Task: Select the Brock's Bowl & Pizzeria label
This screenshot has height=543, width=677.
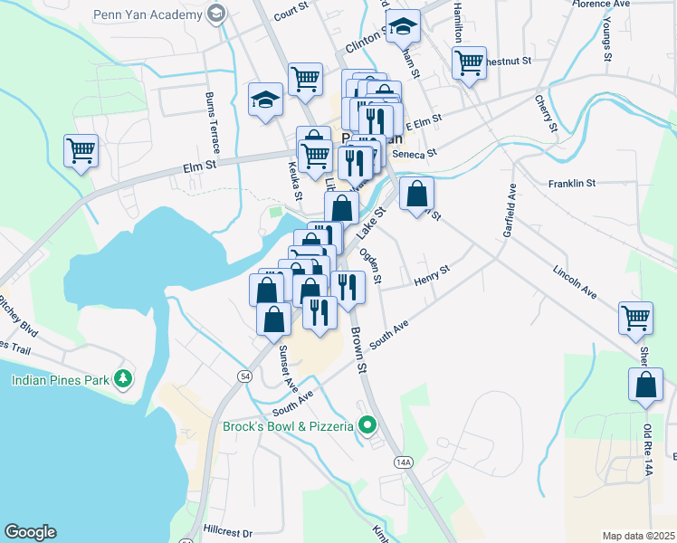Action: [x=288, y=425]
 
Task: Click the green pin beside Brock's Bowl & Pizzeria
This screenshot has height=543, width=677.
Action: [x=367, y=424]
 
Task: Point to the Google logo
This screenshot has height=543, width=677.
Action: [x=30, y=532]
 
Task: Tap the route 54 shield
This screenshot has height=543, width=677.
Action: [x=245, y=375]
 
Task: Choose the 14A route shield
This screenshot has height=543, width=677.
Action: [x=404, y=462]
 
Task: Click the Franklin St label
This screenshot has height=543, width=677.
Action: [x=571, y=183]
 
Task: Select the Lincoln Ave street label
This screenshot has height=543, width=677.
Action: [x=577, y=281]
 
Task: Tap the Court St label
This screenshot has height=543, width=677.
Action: [x=291, y=13]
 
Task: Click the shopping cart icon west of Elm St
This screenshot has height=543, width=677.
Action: [x=81, y=150]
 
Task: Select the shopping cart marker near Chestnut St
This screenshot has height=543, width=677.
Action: [x=469, y=62]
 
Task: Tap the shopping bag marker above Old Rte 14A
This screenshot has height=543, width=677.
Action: [x=644, y=383]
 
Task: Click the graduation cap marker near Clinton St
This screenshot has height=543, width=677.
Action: [x=402, y=27]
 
